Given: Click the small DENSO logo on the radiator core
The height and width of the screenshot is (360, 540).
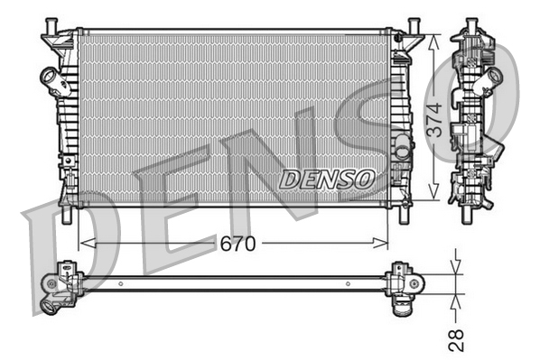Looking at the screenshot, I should pyautogui.click(x=326, y=179).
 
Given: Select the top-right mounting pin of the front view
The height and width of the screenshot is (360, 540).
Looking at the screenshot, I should pyautogui.click(x=414, y=23).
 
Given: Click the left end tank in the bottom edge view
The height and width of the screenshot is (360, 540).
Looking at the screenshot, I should pyautogui.click(x=65, y=282).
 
